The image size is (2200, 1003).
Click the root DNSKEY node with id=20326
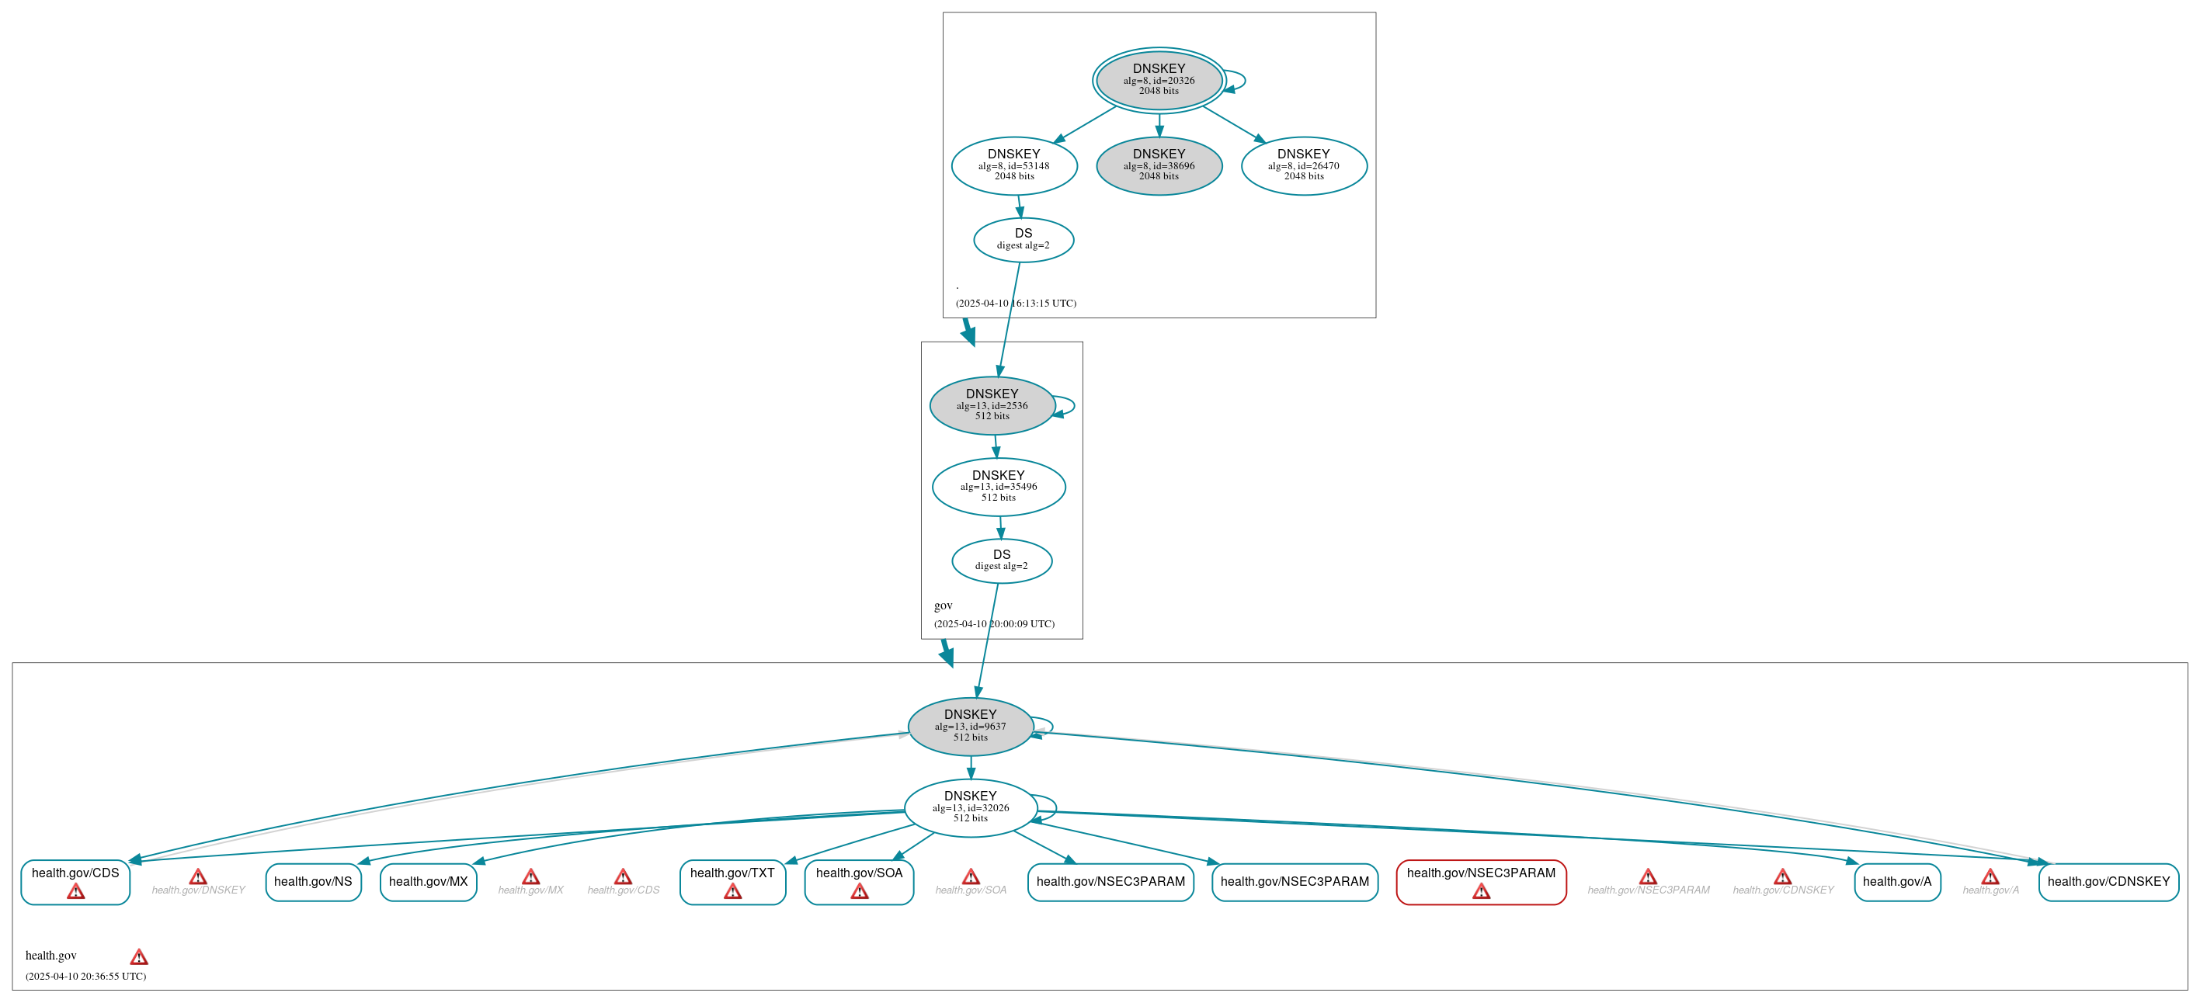(x=1158, y=80)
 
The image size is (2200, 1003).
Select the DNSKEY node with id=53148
(x=1013, y=165)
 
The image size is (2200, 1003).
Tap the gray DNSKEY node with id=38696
(x=1158, y=165)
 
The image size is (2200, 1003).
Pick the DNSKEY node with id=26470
(x=1303, y=165)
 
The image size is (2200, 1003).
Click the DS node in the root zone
(x=1024, y=240)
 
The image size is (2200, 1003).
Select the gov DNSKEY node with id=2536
(x=992, y=405)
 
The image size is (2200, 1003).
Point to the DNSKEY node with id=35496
(x=999, y=487)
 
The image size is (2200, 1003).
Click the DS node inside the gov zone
(x=1002, y=560)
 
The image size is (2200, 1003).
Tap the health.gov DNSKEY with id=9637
(x=970, y=727)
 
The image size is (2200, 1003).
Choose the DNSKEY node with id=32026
(x=970, y=807)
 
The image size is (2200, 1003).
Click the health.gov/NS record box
(x=313, y=882)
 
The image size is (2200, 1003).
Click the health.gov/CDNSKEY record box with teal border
(x=2108, y=882)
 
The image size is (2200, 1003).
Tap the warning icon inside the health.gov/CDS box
(x=75, y=892)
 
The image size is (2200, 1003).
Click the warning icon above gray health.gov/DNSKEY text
(x=198, y=876)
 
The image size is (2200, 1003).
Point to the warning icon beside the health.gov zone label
(x=138, y=957)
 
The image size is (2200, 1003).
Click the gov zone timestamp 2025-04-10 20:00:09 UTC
(x=994, y=624)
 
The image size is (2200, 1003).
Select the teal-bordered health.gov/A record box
(x=1897, y=882)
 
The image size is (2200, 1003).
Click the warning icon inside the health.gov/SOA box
(x=859, y=892)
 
